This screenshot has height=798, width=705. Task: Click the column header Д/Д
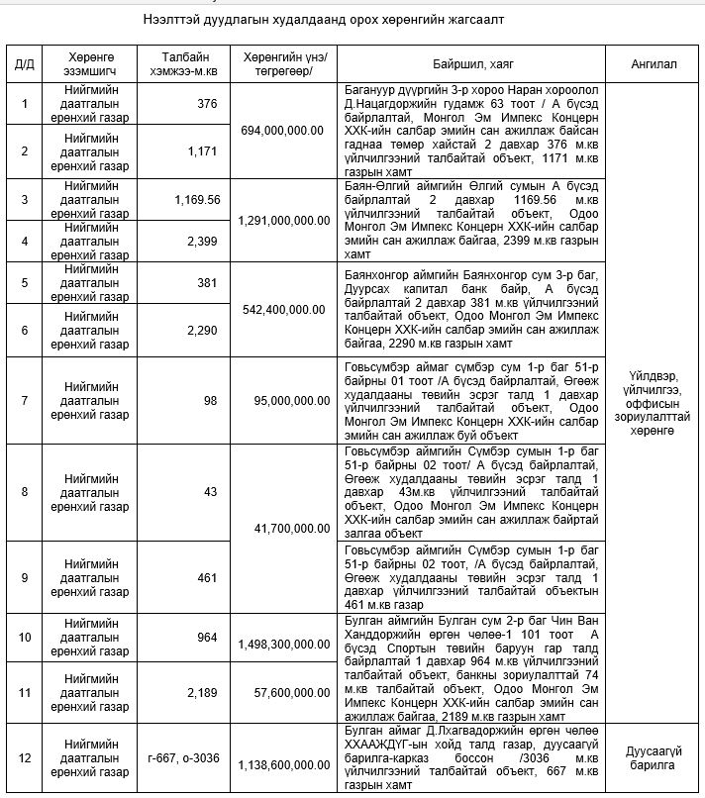tap(24, 64)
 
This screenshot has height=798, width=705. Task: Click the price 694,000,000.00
tap(283, 130)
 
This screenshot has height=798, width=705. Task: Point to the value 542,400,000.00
tap(283, 309)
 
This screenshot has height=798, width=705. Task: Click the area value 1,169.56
tap(196, 198)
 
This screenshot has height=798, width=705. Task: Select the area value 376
tap(207, 103)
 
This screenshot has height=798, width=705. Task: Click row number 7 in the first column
tap(24, 401)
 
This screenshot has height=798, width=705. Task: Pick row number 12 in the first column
tap(24, 758)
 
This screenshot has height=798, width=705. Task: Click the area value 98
tap(210, 401)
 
